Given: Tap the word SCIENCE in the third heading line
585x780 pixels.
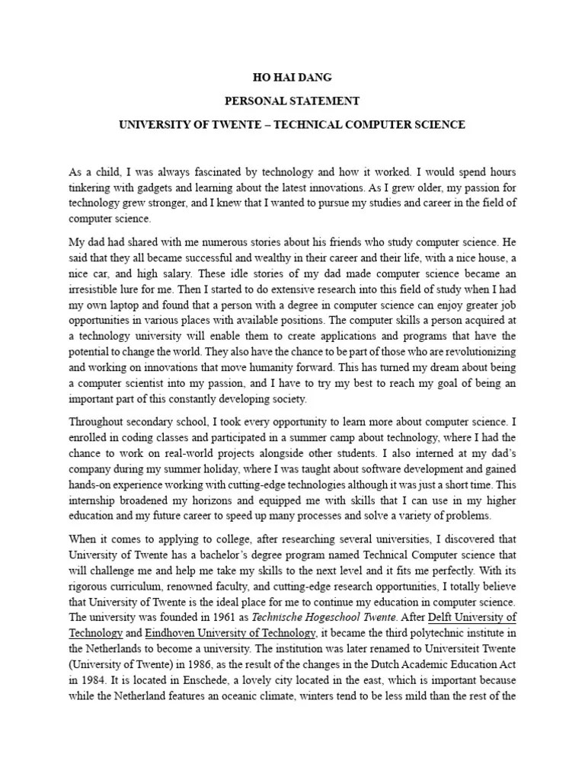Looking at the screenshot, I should coord(435,123).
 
